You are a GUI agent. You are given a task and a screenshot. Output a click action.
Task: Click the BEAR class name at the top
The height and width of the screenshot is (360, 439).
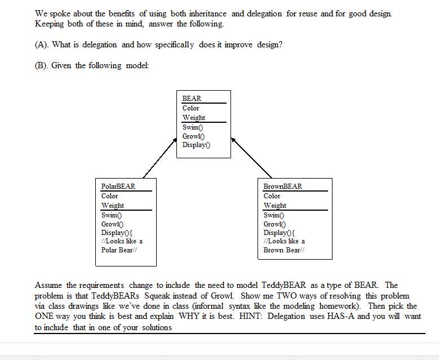(192, 98)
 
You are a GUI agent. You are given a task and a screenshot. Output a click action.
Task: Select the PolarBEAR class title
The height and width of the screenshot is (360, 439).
(118, 186)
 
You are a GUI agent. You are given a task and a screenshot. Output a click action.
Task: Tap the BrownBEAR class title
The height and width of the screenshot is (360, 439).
(283, 186)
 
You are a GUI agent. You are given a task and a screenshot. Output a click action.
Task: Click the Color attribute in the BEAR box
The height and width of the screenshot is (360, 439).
(190, 108)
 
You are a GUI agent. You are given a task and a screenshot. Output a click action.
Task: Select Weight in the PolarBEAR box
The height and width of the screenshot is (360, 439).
(113, 206)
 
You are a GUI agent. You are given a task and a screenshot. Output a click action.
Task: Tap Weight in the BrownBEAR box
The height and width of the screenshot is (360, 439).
(275, 206)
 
